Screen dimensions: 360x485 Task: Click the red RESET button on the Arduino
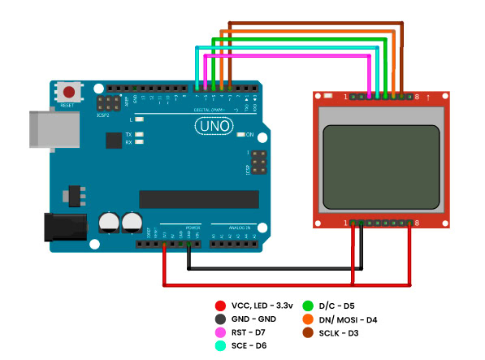point(71,92)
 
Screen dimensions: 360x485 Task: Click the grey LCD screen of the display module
point(380,160)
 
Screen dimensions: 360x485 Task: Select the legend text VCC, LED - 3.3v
point(262,305)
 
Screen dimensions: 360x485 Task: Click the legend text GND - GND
point(253,319)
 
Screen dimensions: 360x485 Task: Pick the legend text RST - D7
point(249,332)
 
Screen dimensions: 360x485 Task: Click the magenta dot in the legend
point(219,332)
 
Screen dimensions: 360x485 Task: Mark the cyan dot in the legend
point(219,346)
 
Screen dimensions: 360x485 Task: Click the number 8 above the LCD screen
point(418,98)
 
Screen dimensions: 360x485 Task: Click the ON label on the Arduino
point(249,134)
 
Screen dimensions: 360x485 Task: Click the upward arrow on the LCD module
point(428,98)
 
